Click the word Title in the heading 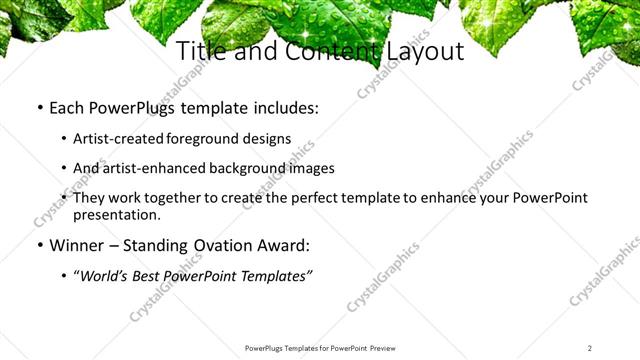pos(199,51)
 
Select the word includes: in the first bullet pos(283,107)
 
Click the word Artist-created pos(120,139)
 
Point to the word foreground pos(207,139)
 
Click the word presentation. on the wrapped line pos(117,214)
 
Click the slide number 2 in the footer pos(589,347)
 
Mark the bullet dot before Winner pos(39,245)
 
